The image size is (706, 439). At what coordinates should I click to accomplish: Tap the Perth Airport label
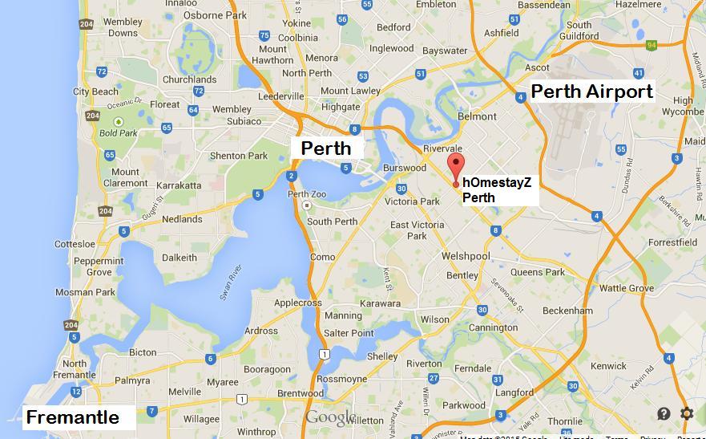[592, 91]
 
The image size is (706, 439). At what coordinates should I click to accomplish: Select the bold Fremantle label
[73, 417]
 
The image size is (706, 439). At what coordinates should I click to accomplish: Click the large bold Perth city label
[325, 148]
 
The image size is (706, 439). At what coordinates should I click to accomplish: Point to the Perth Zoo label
[307, 194]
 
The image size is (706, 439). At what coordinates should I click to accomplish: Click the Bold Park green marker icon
[119, 122]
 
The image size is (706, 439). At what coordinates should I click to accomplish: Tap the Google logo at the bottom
[329, 418]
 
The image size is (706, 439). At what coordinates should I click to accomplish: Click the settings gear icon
[687, 413]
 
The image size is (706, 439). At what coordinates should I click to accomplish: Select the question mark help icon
[664, 413]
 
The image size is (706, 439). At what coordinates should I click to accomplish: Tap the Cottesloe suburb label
[75, 244]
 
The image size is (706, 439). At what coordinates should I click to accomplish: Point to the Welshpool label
[466, 256]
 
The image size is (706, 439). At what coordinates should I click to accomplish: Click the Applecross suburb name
[297, 303]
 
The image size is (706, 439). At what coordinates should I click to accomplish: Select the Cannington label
[493, 327]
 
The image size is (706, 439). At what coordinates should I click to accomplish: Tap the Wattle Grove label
[627, 288]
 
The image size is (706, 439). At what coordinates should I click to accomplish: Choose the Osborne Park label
[215, 14]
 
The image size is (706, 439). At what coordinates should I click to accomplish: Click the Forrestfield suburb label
[672, 242]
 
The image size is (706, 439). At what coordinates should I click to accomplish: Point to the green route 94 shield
[652, 44]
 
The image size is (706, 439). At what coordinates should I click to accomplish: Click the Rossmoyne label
[342, 379]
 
